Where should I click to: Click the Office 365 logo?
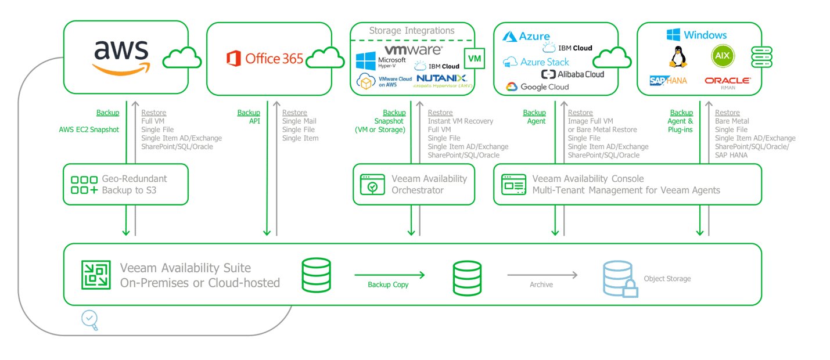[265, 58]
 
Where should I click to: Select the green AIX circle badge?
[723, 56]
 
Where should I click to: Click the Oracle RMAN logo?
[727, 82]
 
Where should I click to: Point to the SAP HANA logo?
[668, 81]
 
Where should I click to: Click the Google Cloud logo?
[537, 87]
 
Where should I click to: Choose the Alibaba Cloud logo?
[573, 74]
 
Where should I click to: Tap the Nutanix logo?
[441, 78]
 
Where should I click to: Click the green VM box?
[475, 59]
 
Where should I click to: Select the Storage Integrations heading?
[412, 31]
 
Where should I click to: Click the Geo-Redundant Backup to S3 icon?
[84, 185]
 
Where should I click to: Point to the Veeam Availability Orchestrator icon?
[372, 184]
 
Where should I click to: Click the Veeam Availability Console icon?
[513, 184]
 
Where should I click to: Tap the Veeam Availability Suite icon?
[96, 275]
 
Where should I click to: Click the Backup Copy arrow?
[389, 275]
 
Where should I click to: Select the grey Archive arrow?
[542, 275]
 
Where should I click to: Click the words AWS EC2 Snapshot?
[89, 129]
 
